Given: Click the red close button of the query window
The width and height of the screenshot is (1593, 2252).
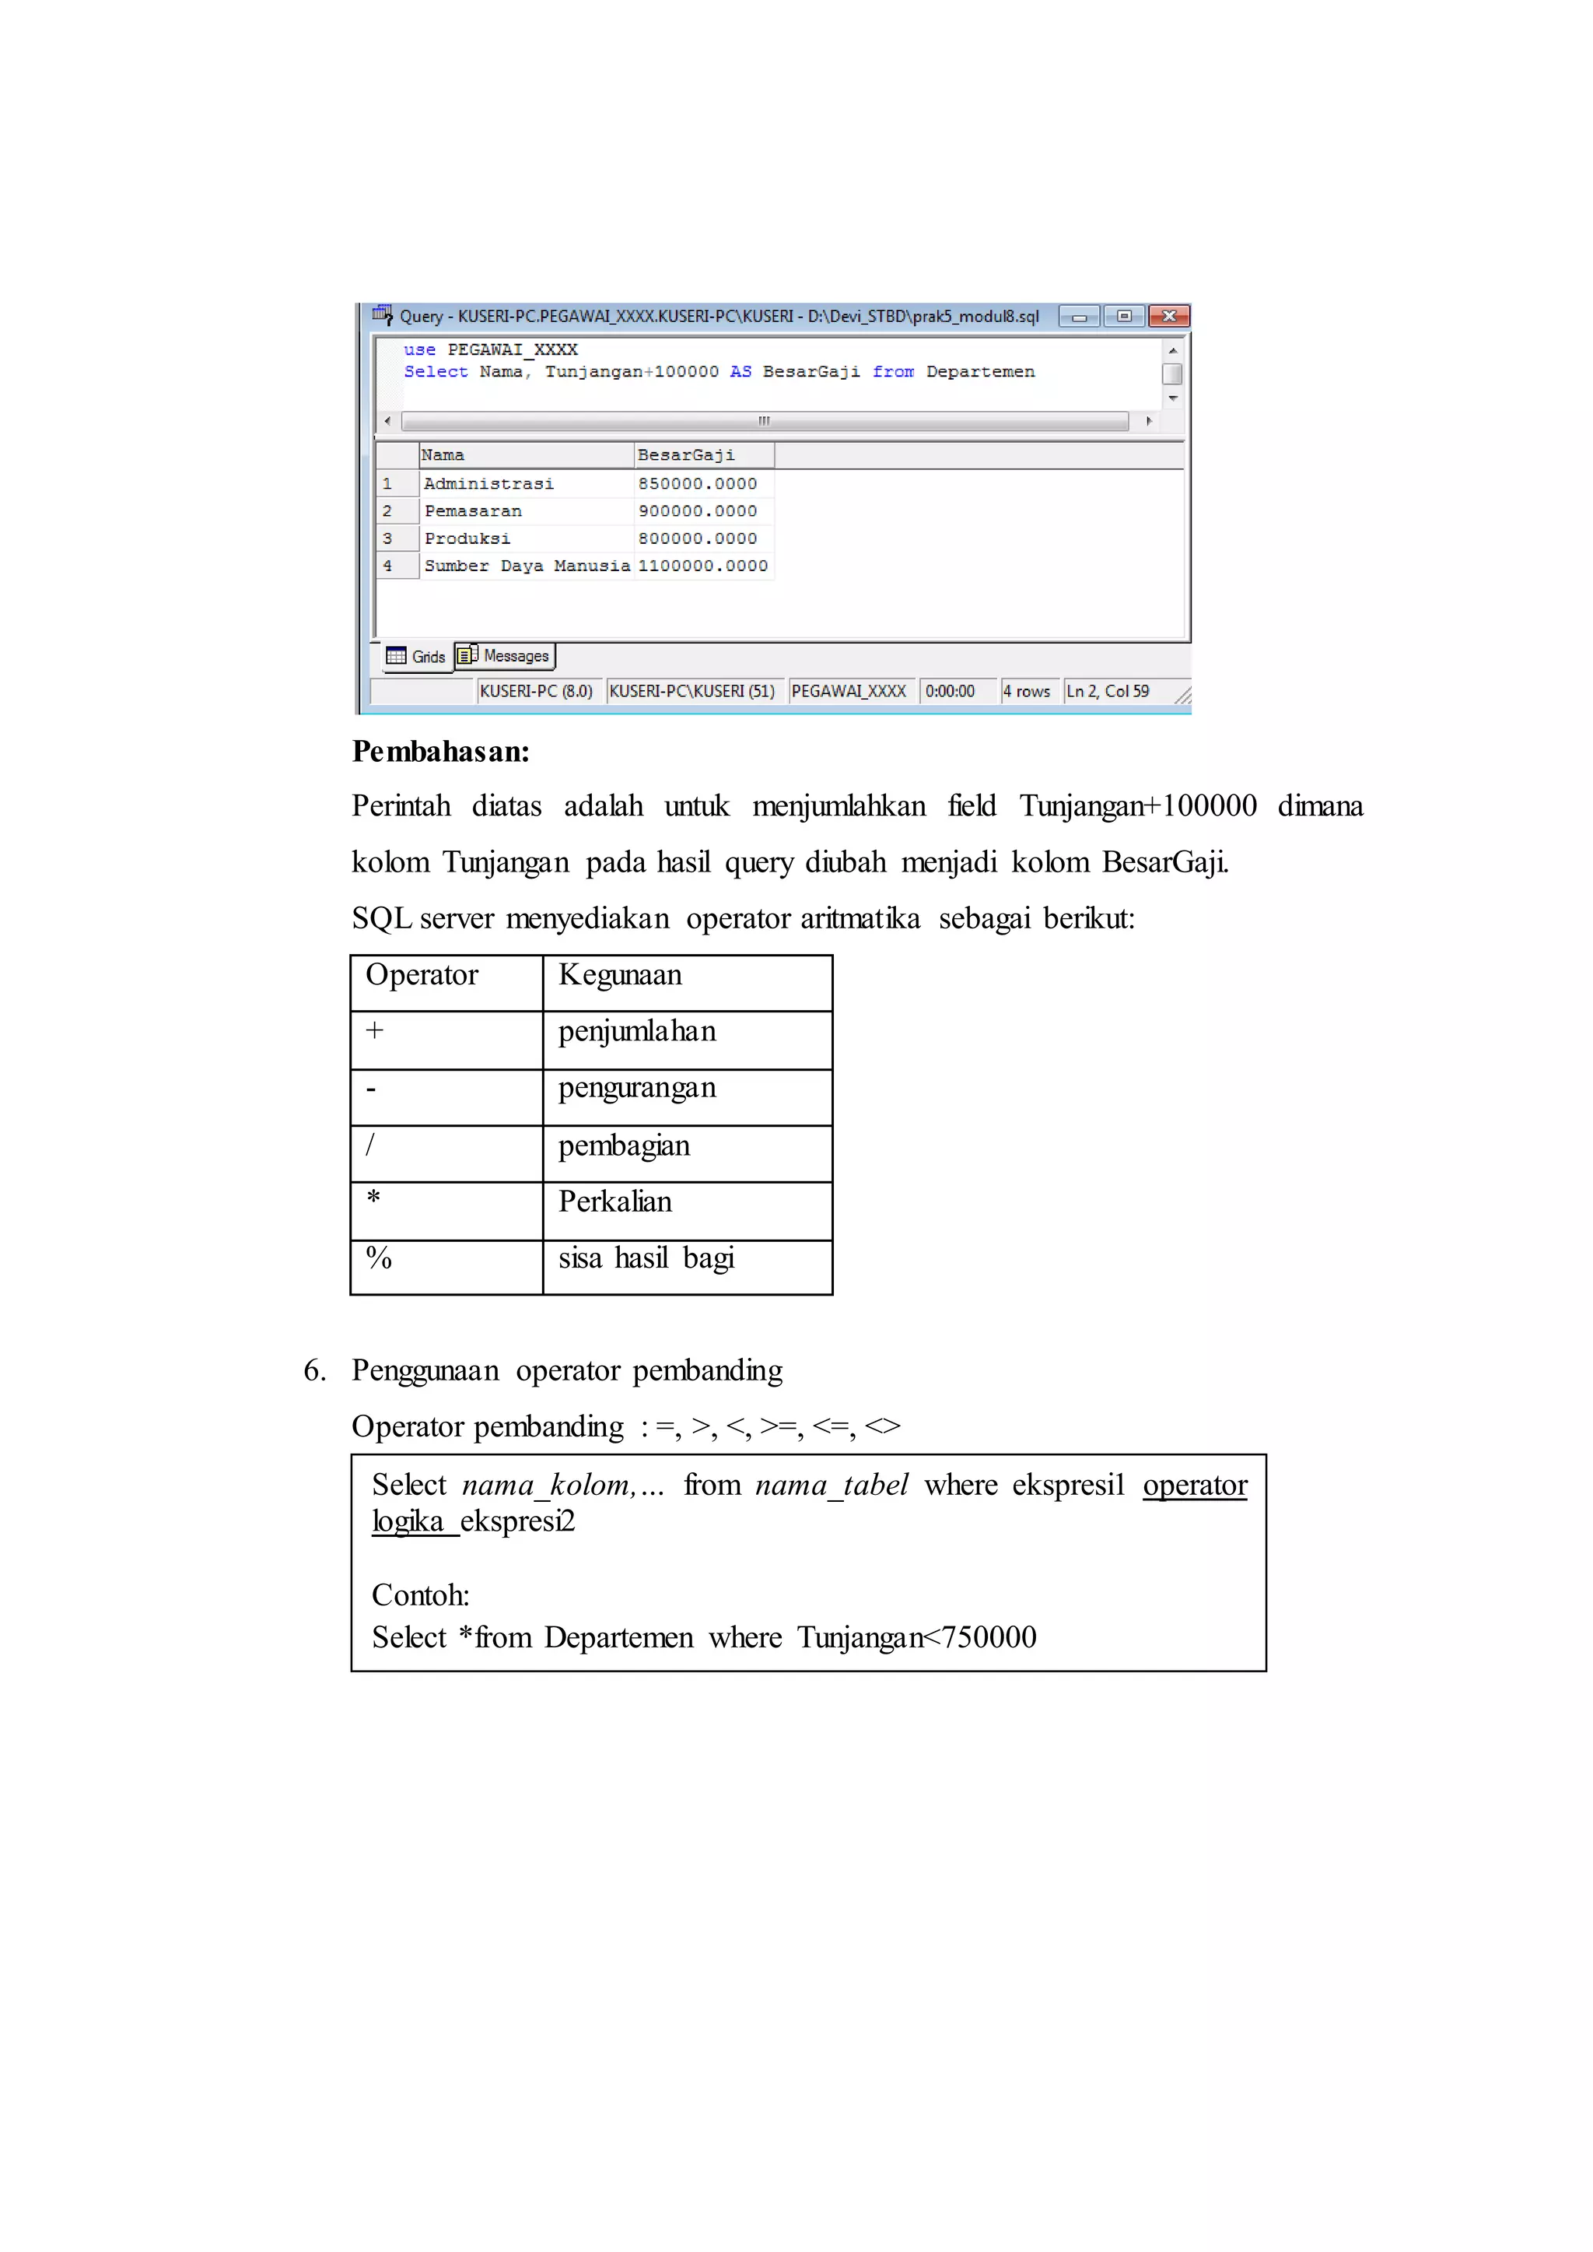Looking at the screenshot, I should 1168,316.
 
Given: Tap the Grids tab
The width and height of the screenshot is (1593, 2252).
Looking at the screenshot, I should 417,657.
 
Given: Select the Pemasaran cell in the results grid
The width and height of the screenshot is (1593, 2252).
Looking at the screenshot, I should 473,511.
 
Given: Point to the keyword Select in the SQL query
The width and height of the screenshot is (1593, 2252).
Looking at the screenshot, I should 436,372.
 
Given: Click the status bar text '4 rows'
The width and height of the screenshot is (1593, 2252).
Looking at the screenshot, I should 1026,691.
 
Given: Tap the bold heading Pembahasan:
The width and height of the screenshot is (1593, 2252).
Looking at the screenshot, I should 440,752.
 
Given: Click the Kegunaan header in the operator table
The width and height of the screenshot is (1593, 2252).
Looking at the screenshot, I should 620,975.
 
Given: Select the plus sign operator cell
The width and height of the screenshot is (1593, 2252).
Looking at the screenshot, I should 375,1030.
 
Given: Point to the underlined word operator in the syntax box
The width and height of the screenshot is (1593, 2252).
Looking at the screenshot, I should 1195,1486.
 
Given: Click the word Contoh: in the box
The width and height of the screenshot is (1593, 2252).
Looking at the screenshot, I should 421,1595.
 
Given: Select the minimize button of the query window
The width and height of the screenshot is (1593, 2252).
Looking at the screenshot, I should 1079,316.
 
